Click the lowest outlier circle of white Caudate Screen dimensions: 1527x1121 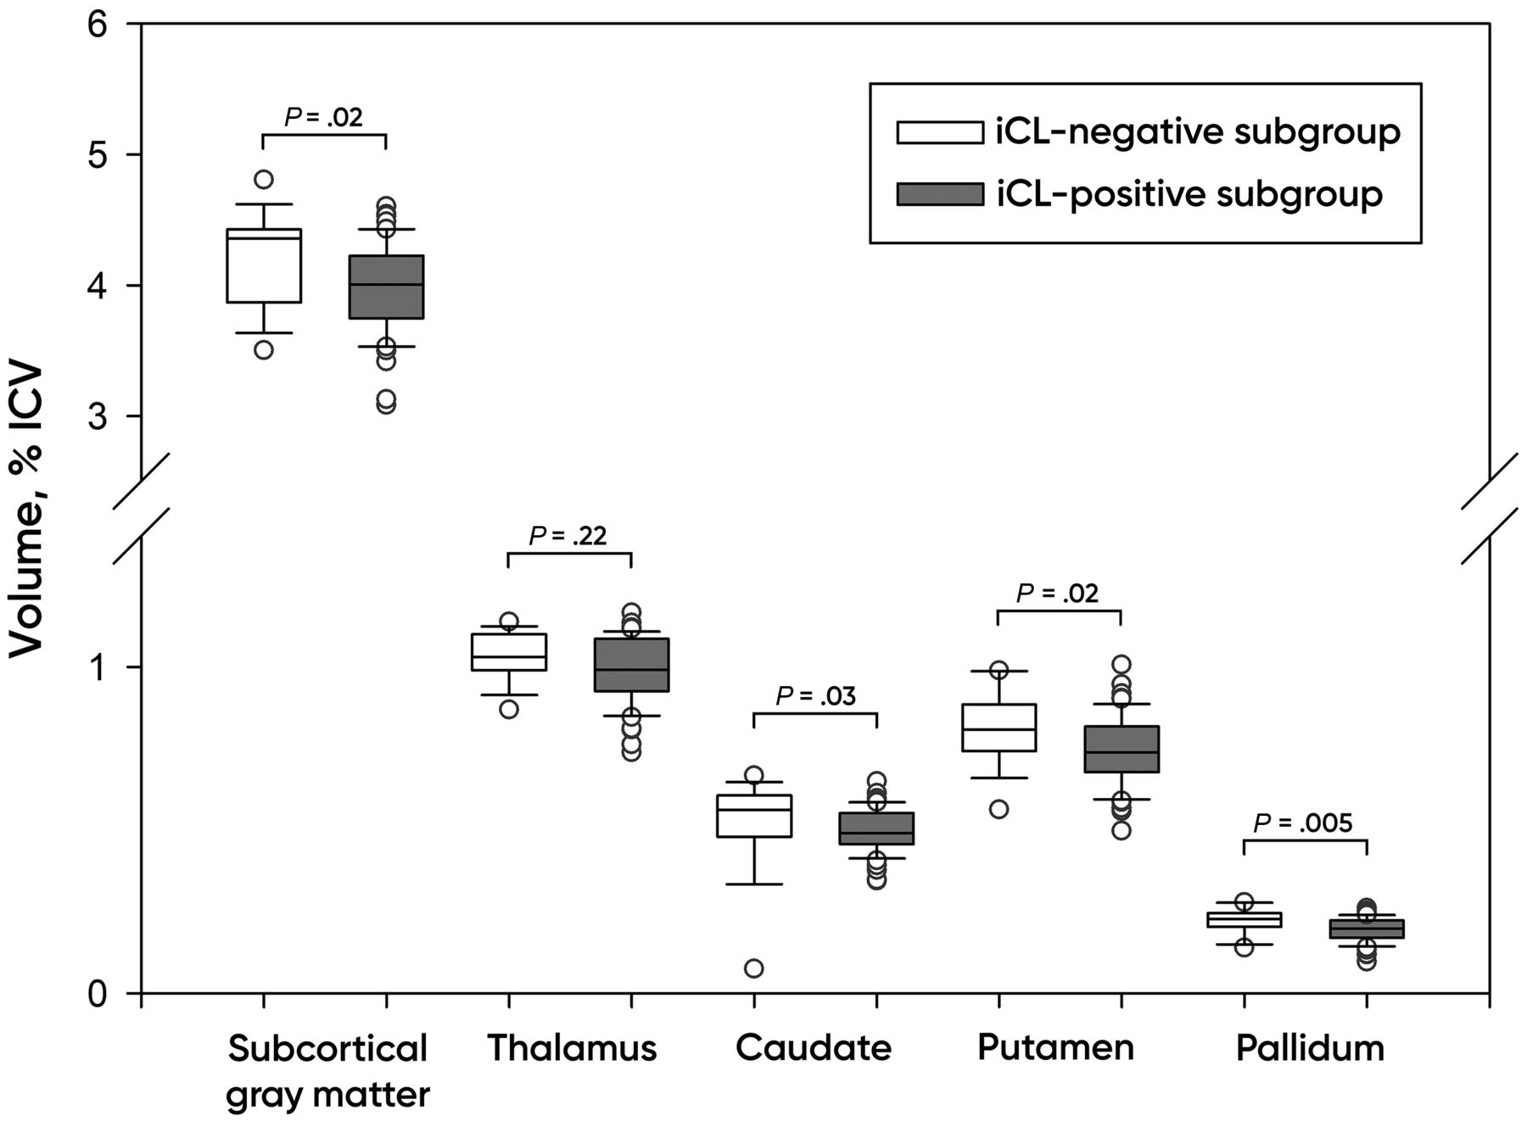(753, 968)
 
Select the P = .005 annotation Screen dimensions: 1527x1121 (1303, 823)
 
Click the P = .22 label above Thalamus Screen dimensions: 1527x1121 (568, 536)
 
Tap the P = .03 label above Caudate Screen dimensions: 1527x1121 (815, 696)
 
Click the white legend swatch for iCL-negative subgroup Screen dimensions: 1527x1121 (940, 132)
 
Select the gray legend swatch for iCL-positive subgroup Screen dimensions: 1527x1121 (940, 194)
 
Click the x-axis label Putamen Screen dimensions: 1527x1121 (1055, 1048)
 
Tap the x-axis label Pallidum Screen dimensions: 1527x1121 (1310, 1048)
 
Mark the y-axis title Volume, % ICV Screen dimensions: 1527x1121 (26, 509)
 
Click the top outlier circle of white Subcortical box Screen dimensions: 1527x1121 (264, 179)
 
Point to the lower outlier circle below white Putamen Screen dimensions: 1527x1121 (998, 809)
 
